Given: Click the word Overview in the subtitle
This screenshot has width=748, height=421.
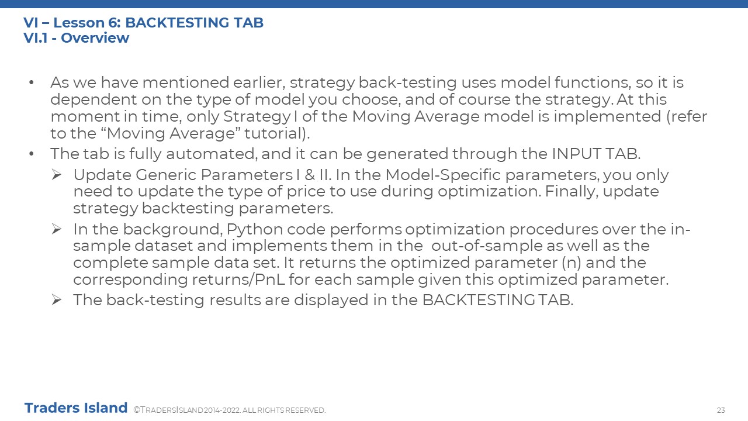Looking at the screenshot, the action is [95, 38].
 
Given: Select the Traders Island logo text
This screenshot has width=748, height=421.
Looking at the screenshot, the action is [76, 408].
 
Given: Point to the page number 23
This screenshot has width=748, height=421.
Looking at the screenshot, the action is [721, 410].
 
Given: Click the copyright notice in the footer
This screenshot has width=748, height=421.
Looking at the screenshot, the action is [230, 410].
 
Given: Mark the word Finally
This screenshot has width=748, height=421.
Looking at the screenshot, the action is [572, 192].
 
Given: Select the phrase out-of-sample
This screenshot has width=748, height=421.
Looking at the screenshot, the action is [487, 246].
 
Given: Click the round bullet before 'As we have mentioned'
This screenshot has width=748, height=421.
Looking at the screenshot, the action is [32, 82].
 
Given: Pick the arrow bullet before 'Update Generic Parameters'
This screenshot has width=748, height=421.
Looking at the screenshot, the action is [57, 175].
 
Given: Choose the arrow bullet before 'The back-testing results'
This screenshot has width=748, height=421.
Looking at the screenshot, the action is [57, 300].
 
